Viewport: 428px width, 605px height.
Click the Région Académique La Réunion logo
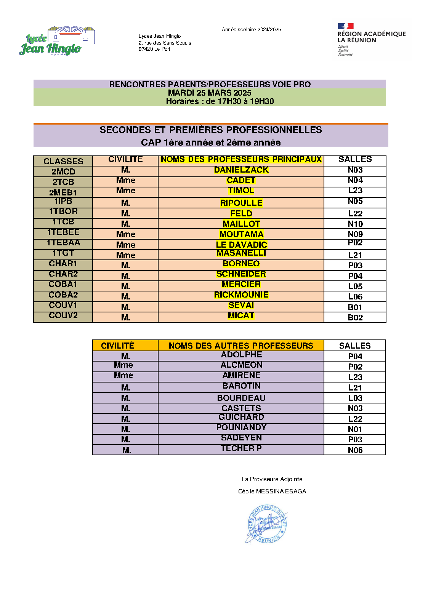click(371, 39)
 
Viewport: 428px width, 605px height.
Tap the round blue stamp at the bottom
click(267, 524)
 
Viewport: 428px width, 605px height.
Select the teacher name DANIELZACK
click(241, 170)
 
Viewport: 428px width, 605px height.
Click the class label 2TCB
click(63, 182)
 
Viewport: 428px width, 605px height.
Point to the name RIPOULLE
click(241, 203)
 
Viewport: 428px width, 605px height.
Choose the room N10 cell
click(355, 224)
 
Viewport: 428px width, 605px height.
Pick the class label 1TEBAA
click(63, 243)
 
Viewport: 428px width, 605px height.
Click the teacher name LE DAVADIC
click(241, 245)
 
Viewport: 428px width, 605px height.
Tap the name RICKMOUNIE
click(241, 295)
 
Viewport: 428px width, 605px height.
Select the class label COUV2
click(63, 315)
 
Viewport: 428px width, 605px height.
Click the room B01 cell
click(355, 307)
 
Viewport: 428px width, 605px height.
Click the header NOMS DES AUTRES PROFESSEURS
click(241, 346)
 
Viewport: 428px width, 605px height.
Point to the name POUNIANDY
click(241, 427)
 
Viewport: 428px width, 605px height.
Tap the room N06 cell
click(355, 450)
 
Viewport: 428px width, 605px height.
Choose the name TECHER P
click(241, 448)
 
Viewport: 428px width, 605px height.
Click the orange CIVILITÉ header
click(117, 346)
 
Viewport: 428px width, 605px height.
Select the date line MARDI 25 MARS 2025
click(210, 93)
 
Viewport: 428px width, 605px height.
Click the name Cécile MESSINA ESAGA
click(272, 491)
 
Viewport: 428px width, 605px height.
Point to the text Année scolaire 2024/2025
click(251, 30)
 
